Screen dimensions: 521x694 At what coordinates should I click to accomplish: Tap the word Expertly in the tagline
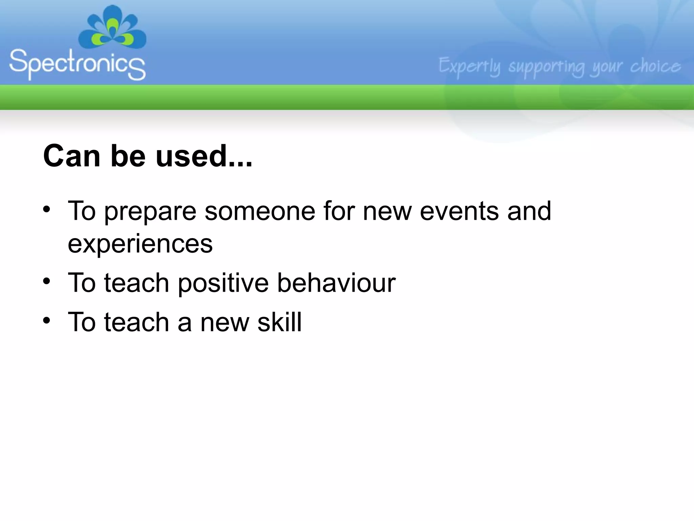[469, 66]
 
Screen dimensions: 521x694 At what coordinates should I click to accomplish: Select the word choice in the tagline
[655, 66]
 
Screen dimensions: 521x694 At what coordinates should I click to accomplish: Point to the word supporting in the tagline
[546, 67]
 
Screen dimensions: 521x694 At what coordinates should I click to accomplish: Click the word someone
[260, 211]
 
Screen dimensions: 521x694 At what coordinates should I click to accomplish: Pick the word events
[459, 211]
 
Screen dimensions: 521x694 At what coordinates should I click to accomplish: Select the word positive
[223, 284]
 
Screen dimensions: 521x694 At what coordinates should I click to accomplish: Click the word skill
[279, 322]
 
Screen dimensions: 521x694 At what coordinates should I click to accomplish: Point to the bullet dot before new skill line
[47, 320]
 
